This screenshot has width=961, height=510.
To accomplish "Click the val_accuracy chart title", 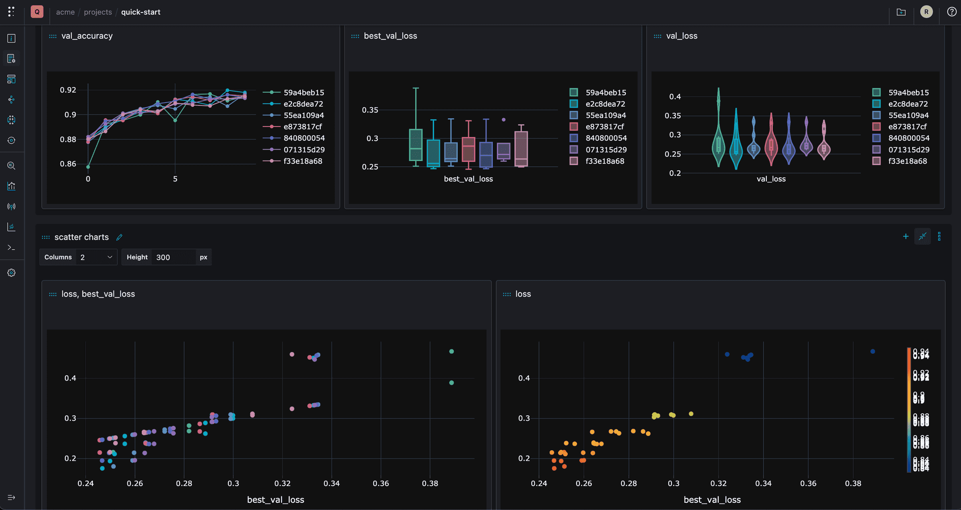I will [87, 36].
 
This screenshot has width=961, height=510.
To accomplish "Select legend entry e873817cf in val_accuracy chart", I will [302, 127].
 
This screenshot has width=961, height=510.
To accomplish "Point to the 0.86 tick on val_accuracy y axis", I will [68, 164].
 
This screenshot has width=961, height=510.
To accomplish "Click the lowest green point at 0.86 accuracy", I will [88, 167].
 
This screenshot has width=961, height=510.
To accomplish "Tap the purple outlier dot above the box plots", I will [503, 120].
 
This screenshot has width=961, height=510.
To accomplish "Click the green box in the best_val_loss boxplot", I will [416, 145].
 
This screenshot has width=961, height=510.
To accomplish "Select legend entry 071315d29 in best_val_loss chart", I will [606, 150].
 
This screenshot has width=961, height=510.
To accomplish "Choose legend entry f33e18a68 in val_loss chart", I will [907, 161].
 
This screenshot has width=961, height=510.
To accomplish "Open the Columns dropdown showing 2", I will [96, 257].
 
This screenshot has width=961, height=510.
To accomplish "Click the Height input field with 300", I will [174, 257].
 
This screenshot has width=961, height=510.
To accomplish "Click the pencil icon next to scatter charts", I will [119, 238].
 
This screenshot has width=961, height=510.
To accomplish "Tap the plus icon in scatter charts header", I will [906, 236].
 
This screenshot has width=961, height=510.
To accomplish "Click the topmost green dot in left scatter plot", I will [451, 351].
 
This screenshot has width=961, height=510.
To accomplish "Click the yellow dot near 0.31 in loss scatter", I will [691, 414].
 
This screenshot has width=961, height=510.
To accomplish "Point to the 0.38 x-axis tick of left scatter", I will [430, 484].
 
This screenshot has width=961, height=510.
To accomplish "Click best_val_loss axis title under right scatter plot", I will [712, 500].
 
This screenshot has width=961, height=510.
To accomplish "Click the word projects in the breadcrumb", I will [98, 12].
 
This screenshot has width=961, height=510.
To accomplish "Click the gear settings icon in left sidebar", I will [11, 273].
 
